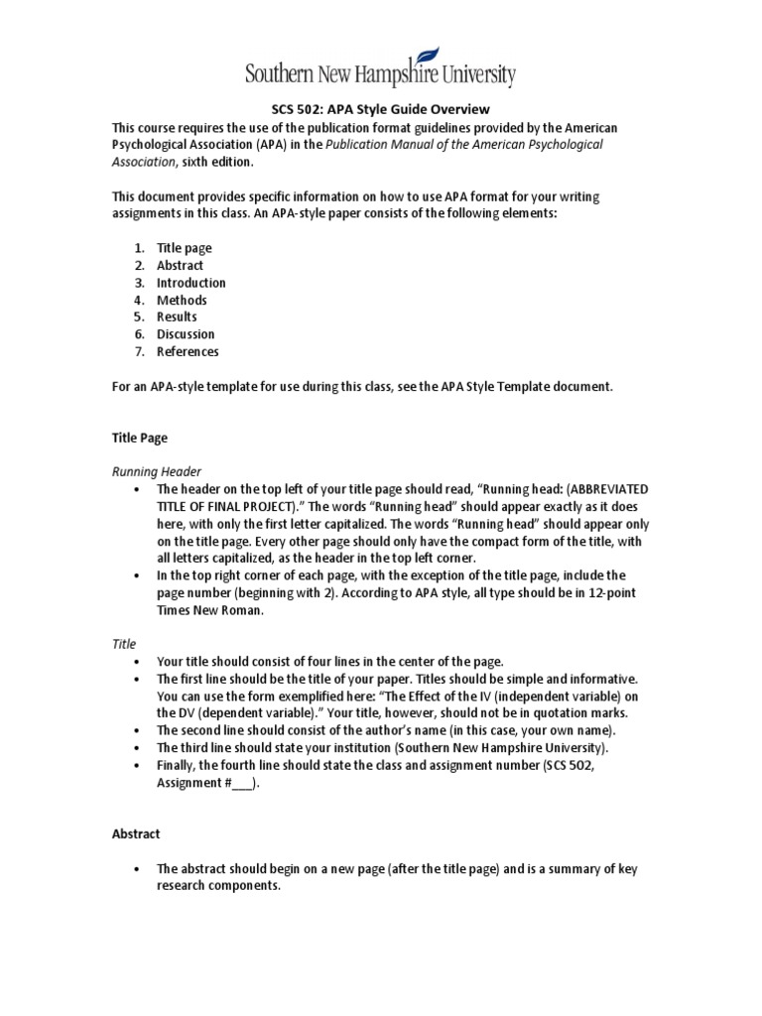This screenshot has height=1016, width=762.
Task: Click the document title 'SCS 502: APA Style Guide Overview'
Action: click(x=381, y=110)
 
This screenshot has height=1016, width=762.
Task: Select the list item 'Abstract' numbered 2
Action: click(x=180, y=265)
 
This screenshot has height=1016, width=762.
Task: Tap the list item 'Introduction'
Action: click(x=190, y=283)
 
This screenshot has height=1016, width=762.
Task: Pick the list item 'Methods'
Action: click(x=182, y=300)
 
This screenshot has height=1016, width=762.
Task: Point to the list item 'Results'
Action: click(x=177, y=317)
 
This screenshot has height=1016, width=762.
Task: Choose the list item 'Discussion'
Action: click(x=186, y=334)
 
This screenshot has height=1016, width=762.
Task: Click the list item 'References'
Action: click(x=188, y=351)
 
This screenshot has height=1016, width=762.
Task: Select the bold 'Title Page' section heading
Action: click(x=138, y=438)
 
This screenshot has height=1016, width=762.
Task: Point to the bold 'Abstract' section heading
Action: click(x=136, y=834)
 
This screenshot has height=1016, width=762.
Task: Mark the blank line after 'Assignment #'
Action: click(x=243, y=782)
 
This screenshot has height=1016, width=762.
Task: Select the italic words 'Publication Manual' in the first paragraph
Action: click(x=383, y=145)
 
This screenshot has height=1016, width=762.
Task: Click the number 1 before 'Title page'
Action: click(x=139, y=248)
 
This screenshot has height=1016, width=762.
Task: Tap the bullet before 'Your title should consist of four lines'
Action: click(x=134, y=662)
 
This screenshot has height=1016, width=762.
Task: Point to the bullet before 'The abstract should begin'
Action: click(x=134, y=869)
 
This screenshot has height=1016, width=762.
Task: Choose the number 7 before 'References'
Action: click(x=139, y=351)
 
